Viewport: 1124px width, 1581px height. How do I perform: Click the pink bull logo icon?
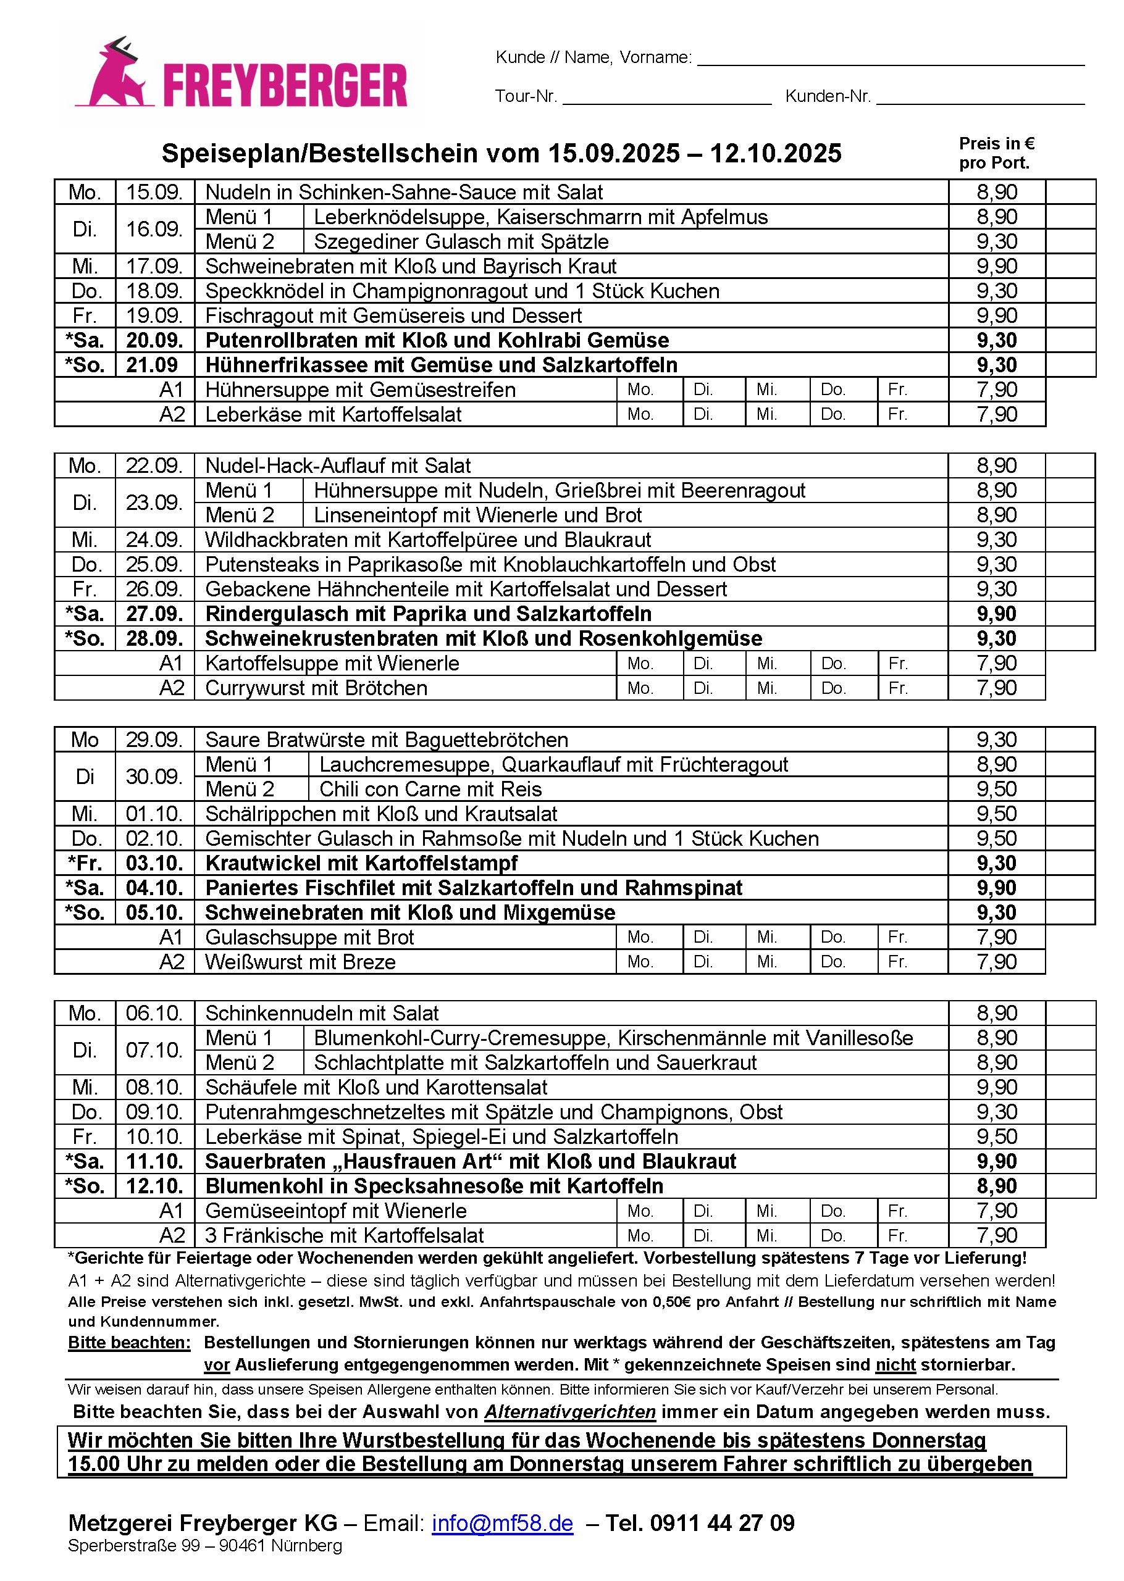pyautogui.click(x=115, y=75)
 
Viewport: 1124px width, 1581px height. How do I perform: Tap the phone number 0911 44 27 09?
pyautogui.click(x=722, y=1522)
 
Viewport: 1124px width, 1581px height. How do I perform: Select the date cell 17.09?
pyautogui.click(x=154, y=267)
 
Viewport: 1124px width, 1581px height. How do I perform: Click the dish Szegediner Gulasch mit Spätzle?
pyautogui.click(x=461, y=241)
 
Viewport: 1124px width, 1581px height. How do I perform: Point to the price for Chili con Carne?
pyautogui.click(x=996, y=789)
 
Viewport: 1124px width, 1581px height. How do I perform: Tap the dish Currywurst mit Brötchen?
pyautogui.click(x=316, y=688)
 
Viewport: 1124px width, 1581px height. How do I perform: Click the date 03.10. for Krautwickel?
pyautogui.click(x=154, y=863)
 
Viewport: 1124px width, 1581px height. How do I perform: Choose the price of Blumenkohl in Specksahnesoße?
pyautogui.click(x=996, y=1186)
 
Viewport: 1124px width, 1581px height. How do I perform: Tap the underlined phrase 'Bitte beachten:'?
pyautogui.click(x=128, y=1342)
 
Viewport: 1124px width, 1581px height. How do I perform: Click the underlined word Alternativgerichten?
pyautogui.click(x=569, y=1411)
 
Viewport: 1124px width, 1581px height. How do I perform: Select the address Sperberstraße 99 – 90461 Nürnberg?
pyautogui.click(x=205, y=1546)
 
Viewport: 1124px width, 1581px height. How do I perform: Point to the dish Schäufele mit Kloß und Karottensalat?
pyautogui.click(x=376, y=1087)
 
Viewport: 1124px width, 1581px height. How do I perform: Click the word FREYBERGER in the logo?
pyautogui.click(x=285, y=86)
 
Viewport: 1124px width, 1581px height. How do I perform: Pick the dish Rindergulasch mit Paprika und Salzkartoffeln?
pyautogui.click(x=428, y=614)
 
